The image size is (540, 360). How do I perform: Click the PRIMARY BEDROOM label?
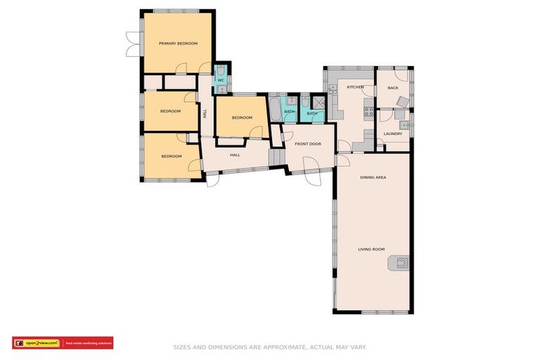pos(178,44)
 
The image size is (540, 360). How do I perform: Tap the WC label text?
pos(220,80)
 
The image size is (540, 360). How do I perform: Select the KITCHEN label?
pos(355,87)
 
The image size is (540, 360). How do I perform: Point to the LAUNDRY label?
pos(392,134)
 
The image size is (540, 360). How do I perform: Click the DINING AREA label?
pos(373,177)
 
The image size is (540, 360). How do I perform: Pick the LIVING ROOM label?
pos(371,249)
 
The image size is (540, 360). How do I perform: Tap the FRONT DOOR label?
pos(308,143)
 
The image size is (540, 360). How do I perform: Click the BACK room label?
pos(392,88)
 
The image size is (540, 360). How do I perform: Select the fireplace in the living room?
pos(399,264)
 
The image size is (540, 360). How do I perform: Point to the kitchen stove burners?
pos(367,110)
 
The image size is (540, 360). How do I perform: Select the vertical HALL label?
pos(205,112)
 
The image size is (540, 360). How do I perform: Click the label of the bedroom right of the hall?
pos(242,117)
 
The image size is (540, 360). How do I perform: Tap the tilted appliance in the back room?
pos(401,103)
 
